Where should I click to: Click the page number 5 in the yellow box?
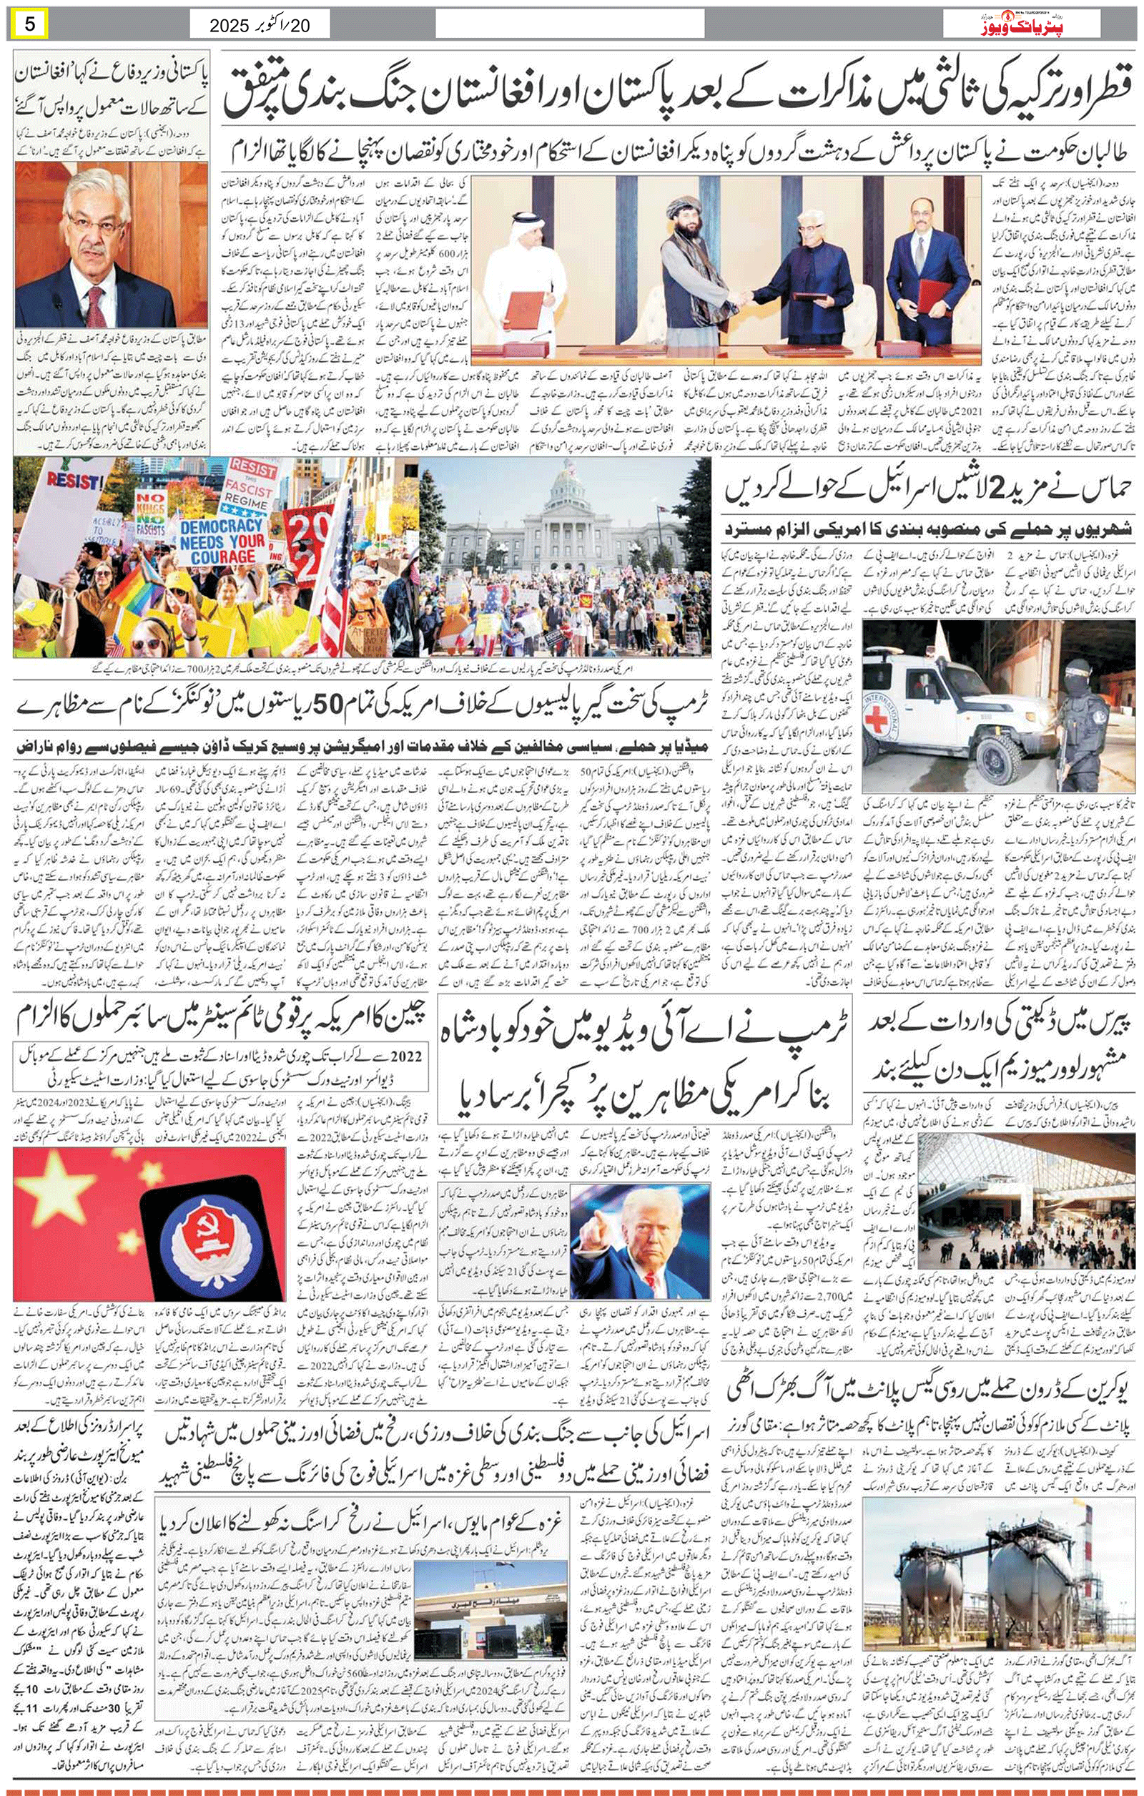point(29,24)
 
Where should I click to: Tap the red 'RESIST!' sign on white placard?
point(70,480)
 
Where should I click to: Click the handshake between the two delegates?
point(739,297)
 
